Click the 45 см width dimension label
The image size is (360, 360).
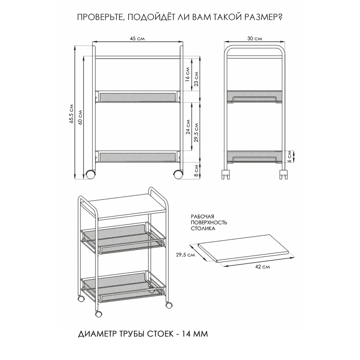point(137,39)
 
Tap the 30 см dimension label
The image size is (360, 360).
point(255,39)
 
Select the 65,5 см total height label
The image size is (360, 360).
point(72,114)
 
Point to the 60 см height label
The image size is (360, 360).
point(80,117)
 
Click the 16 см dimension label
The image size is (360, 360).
point(187,74)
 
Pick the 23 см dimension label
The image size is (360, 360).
point(196,79)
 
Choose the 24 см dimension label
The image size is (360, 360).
point(188,127)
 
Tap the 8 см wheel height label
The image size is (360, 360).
point(196,170)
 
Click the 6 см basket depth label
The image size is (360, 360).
point(289,156)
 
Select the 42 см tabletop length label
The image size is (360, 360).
point(262,267)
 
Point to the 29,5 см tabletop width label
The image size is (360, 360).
point(185,255)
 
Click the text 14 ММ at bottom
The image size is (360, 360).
point(195,334)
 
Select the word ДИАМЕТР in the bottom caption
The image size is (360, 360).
point(97,334)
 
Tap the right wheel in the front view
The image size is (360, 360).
point(178,175)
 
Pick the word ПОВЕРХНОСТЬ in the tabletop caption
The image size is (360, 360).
point(209,222)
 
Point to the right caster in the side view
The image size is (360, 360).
point(283,174)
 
